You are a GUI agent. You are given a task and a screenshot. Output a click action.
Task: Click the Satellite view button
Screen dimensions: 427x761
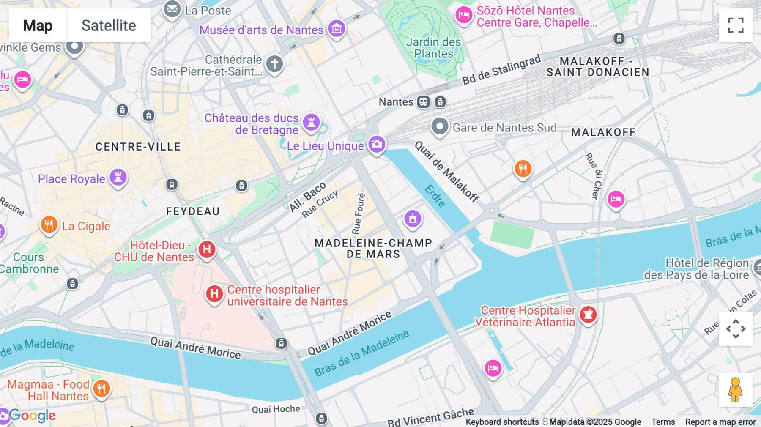(x=109, y=26)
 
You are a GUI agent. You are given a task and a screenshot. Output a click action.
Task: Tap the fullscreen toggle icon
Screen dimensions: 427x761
(x=736, y=25)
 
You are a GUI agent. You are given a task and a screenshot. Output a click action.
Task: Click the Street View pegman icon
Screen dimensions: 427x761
(x=735, y=389)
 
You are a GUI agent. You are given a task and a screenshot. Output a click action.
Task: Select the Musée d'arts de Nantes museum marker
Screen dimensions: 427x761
(x=337, y=29)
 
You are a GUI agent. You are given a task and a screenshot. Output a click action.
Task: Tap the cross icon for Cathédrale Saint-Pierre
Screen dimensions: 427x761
(x=274, y=64)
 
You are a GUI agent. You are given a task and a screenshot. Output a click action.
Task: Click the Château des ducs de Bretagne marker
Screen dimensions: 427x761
(x=312, y=122)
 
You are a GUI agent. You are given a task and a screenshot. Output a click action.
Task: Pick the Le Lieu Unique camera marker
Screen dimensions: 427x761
(x=377, y=145)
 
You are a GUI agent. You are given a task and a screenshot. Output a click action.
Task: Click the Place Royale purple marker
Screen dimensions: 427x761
(x=118, y=177)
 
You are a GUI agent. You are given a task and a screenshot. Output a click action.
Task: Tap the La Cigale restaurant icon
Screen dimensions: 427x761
(x=49, y=225)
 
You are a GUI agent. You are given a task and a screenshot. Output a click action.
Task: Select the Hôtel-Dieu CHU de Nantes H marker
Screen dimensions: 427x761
(x=207, y=249)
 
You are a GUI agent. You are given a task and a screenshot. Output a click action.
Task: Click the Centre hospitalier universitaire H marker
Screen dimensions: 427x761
(x=214, y=294)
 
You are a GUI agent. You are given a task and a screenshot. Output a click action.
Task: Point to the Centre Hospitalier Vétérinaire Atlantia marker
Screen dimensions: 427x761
(x=588, y=315)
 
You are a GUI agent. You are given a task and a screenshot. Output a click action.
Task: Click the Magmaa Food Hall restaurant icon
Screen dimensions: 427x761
(x=101, y=389)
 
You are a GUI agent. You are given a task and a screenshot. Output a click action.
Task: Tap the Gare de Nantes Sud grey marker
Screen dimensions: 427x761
(x=440, y=126)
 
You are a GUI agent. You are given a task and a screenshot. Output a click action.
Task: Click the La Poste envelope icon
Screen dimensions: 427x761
(x=172, y=9)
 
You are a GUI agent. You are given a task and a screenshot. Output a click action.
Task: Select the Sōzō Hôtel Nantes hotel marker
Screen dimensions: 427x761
(x=464, y=15)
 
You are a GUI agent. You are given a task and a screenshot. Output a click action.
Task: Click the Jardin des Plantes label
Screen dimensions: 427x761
(x=433, y=48)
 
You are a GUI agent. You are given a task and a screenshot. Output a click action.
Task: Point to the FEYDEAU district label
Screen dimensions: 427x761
(x=193, y=211)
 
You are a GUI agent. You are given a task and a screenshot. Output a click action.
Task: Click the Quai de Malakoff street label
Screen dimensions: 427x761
(x=447, y=171)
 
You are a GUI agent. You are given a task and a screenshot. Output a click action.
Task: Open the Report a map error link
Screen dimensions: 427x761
(x=720, y=422)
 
